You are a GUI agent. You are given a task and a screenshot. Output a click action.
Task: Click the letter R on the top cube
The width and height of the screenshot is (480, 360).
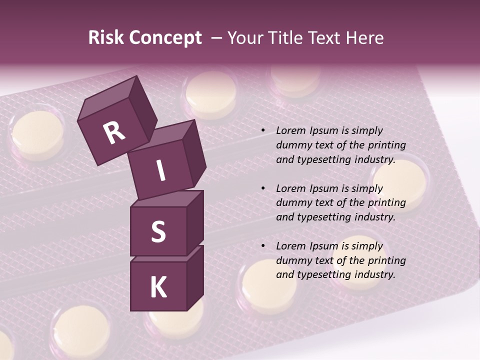(x=114, y=133)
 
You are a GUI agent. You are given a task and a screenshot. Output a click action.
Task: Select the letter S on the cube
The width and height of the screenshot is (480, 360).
(x=158, y=231)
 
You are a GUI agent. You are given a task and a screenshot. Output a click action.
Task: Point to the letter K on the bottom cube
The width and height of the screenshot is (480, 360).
(x=158, y=287)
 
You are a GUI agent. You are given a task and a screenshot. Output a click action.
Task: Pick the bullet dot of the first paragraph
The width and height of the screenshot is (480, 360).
(x=263, y=131)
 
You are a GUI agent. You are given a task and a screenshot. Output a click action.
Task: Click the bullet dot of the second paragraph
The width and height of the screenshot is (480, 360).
(x=263, y=189)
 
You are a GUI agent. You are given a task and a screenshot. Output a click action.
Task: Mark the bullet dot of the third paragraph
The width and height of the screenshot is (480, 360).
(x=263, y=246)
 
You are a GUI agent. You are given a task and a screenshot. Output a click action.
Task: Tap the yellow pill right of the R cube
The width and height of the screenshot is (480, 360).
(x=211, y=92)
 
